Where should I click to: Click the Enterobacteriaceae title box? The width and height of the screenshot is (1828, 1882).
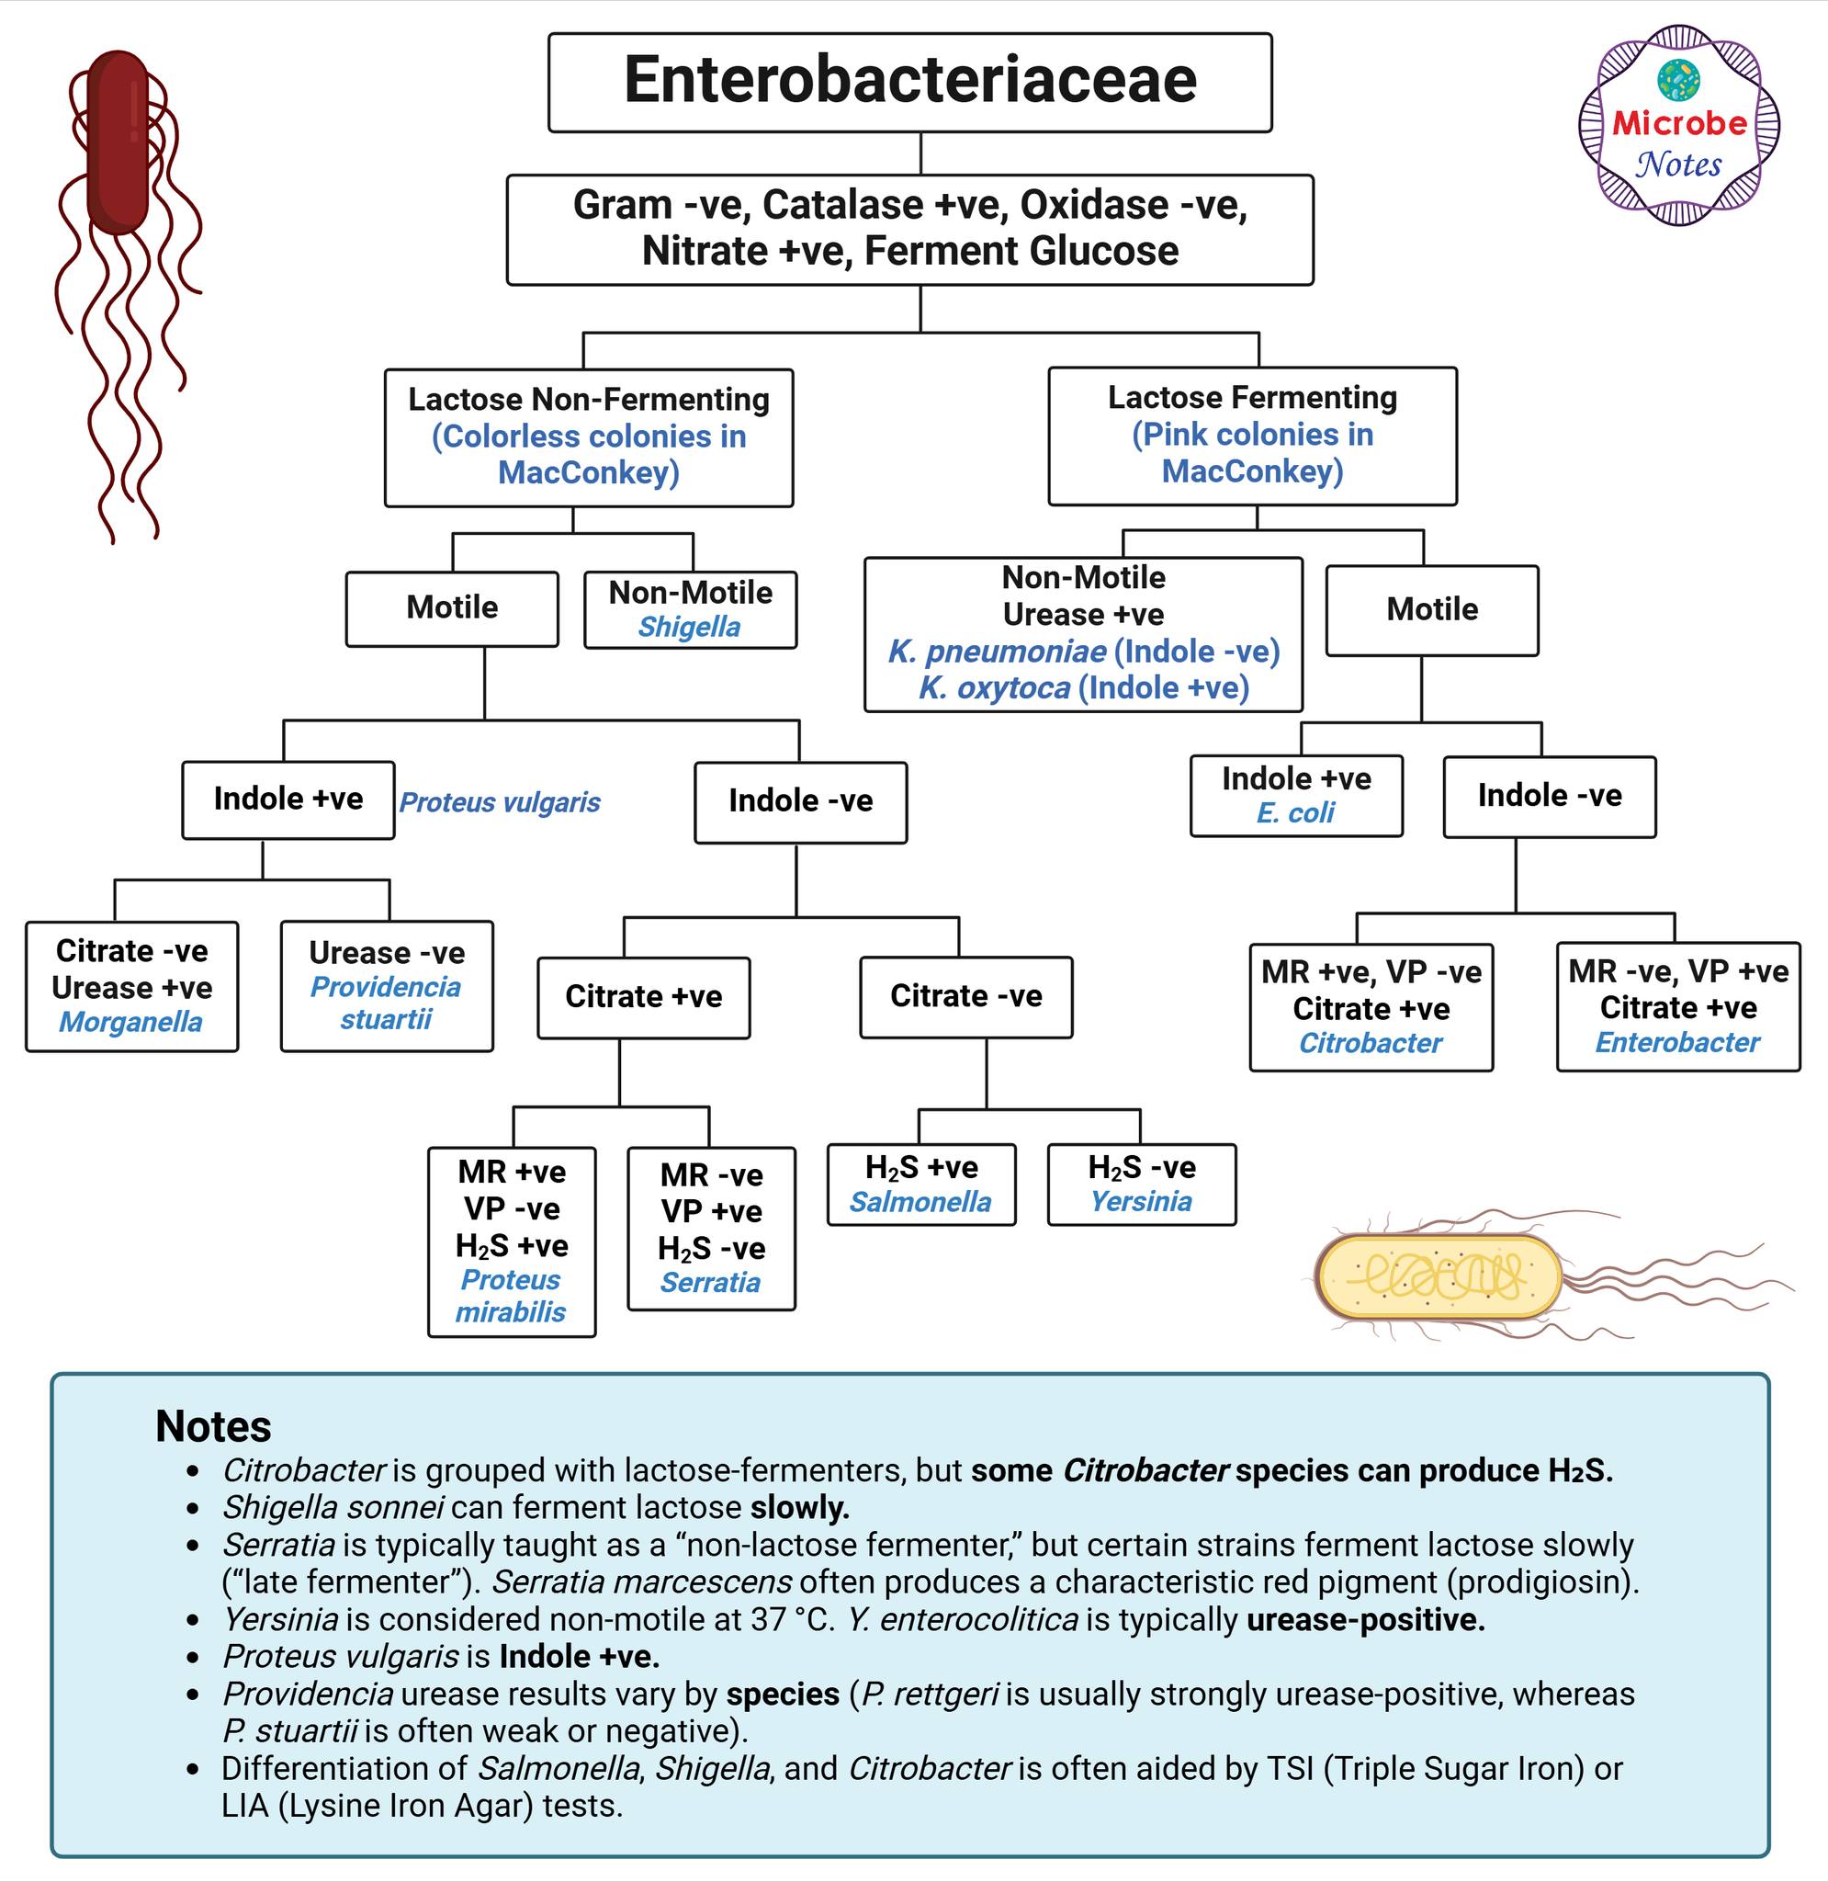(910, 83)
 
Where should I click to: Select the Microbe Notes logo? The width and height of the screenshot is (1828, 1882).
(1679, 125)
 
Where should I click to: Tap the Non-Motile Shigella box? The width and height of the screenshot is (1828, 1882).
(690, 610)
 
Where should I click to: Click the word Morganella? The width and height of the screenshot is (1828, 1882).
(130, 1022)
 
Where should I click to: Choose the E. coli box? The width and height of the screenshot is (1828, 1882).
(1296, 795)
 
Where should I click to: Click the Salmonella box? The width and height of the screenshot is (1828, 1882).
(920, 1184)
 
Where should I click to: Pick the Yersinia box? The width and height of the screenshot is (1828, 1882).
(1142, 1184)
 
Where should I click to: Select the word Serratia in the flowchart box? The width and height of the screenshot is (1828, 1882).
(710, 1282)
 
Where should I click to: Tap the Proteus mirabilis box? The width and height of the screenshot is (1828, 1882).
(512, 1241)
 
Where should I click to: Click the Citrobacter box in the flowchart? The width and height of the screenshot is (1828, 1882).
(1371, 1007)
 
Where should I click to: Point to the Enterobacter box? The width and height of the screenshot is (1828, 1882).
(1678, 1006)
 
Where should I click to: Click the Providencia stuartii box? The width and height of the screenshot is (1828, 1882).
(387, 986)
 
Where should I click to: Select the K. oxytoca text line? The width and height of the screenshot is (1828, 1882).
(1084, 687)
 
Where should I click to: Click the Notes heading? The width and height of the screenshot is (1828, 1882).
(213, 1426)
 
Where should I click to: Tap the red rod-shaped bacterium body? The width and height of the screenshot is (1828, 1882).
(118, 142)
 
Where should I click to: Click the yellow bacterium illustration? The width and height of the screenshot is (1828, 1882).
(1440, 1276)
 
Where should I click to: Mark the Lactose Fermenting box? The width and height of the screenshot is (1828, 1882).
(1252, 436)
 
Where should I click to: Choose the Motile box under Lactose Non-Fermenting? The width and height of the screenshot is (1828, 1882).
(452, 608)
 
